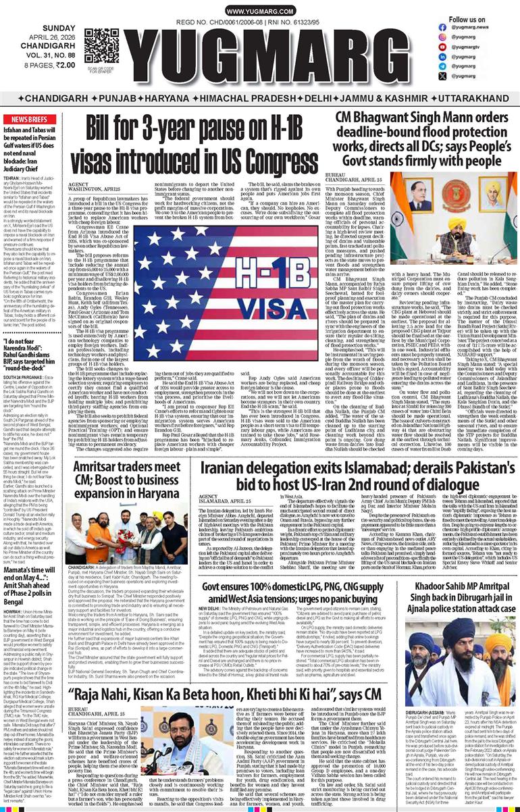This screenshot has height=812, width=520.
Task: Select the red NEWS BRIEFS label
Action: pyautogui.click(x=28, y=119)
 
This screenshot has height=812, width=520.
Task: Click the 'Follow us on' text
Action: pyautogui.click(x=467, y=20)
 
